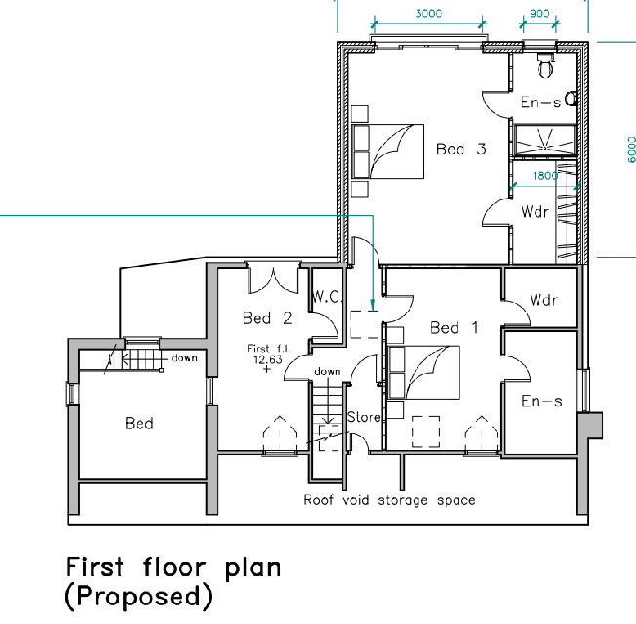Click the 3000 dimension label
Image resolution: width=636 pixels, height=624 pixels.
(428, 14)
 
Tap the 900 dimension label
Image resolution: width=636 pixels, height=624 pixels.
(538, 14)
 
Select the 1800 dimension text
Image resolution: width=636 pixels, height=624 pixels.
(545, 177)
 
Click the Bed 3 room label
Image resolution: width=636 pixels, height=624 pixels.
(460, 149)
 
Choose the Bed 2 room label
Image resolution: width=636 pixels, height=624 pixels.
(267, 317)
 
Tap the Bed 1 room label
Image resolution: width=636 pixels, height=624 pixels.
(455, 328)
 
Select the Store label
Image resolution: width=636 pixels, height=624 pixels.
(364, 417)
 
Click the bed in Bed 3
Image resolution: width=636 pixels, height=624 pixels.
(388, 152)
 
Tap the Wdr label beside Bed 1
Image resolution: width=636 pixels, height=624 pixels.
(542, 299)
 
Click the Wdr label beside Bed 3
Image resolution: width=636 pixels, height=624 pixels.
(533, 211)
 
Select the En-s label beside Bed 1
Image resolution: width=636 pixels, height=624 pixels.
(541, 401)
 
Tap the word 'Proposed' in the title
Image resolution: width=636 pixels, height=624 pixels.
(139, 595)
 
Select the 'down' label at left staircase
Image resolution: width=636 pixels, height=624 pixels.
(183, 358)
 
